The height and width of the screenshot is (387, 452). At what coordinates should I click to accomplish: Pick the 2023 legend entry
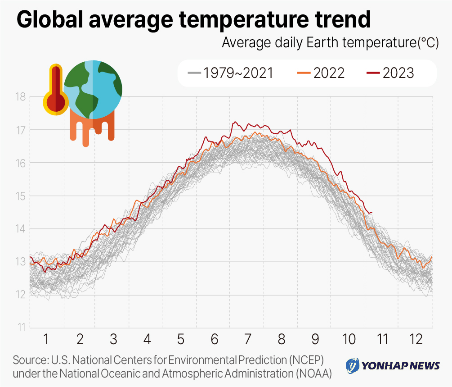pyautogui.click(x=390, y=73)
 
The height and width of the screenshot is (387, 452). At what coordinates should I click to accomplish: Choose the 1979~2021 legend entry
pyautogui.click(x=231, y=73)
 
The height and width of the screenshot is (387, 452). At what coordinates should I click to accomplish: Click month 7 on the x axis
pyautogui.click(x=247, y=339)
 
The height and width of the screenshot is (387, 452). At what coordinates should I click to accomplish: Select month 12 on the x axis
pyautogui.click(x=416, y=339)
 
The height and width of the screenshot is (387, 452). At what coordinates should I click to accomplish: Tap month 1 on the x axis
pyautogui.click(x=46, y=339)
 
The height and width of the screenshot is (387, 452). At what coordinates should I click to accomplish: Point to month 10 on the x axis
pyautogui.click(x=349, y=339)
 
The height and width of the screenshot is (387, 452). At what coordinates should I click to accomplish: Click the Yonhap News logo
pyautogui.click(x=393, y=365)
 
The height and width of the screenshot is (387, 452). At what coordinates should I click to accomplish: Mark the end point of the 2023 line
pyautogui.click(x=371, y=213)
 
